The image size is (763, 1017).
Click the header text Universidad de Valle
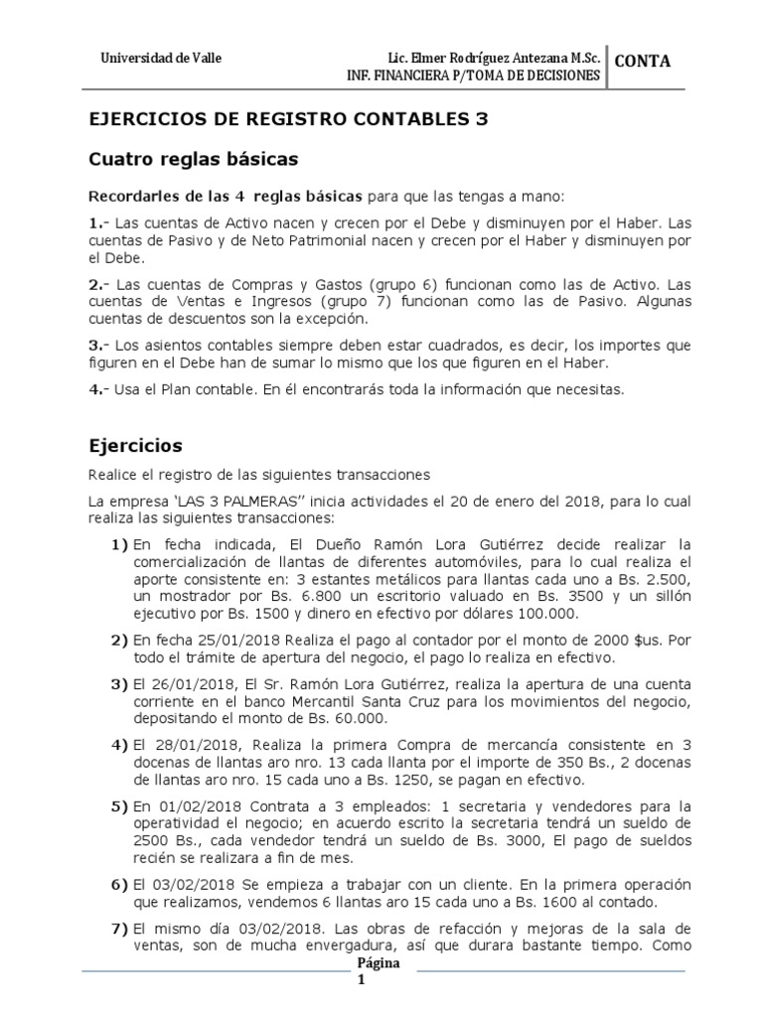tap(162, 58)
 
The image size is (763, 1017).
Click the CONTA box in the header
tap(643, 62)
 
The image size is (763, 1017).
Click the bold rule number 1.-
tap(99, 223)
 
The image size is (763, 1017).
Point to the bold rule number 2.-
tap(99, 284)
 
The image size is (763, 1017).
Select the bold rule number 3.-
tap(99, 346)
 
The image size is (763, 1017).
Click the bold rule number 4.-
tap(99, 389)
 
